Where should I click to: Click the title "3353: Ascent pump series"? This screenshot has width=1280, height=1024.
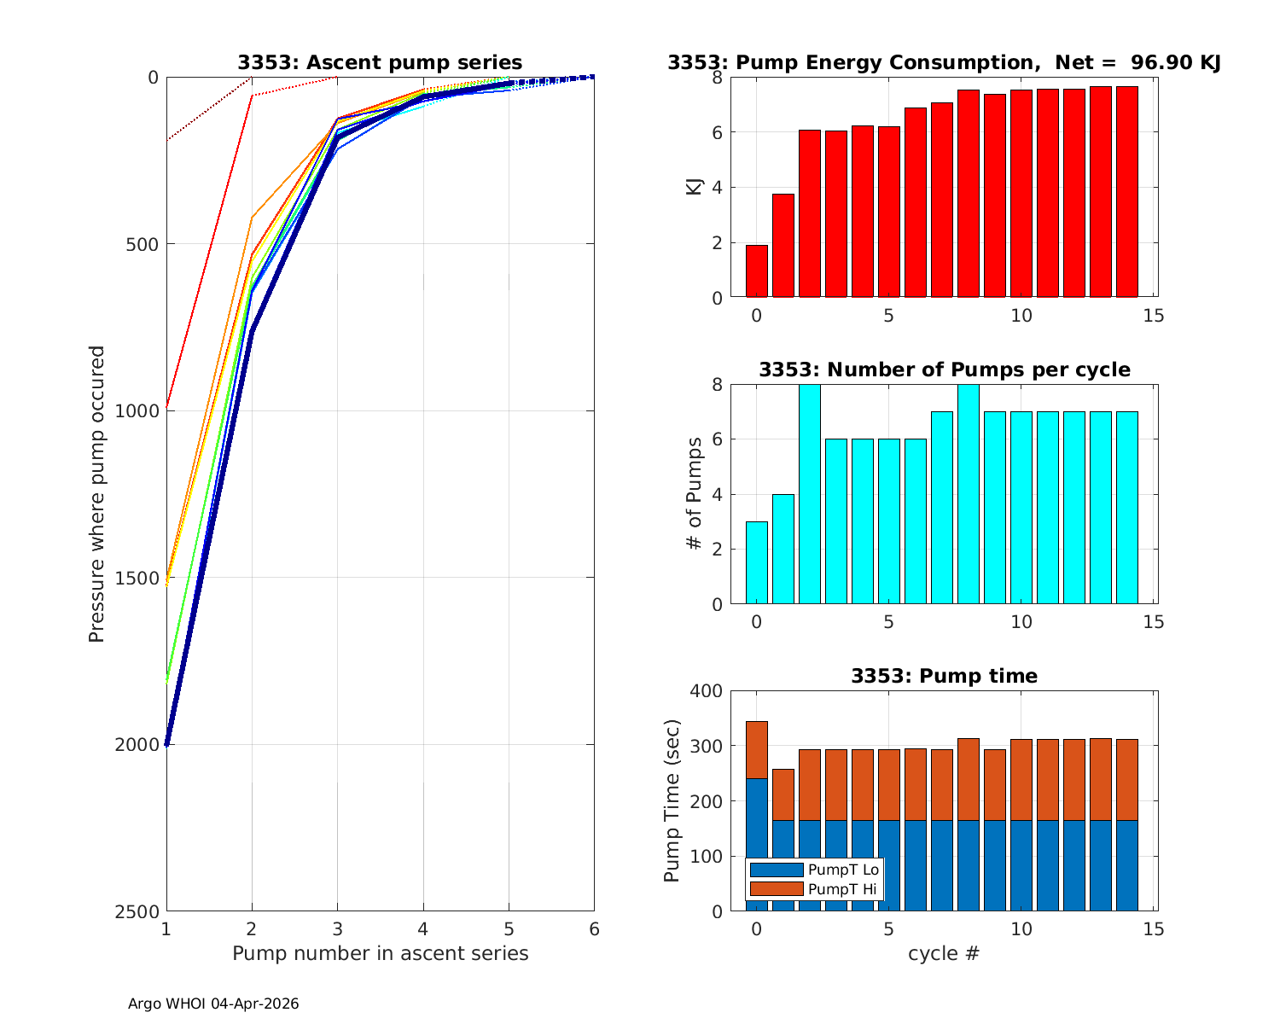380,62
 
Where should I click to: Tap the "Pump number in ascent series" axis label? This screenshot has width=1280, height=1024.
380,953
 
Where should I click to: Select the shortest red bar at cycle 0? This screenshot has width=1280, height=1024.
756,271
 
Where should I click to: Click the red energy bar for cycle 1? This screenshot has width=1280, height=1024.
783,246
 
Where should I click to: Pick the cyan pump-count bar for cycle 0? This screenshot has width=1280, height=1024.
756,563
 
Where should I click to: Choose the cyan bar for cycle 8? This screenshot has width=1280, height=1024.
968,495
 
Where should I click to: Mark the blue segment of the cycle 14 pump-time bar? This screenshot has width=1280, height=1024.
1126,865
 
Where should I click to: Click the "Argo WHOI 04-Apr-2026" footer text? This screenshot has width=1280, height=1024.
213,1004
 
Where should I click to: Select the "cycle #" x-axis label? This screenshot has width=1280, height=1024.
943,953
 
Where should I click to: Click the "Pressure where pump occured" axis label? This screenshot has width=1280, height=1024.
97,493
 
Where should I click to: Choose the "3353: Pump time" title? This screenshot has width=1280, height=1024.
944,676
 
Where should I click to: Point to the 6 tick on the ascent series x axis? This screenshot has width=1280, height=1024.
594,929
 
